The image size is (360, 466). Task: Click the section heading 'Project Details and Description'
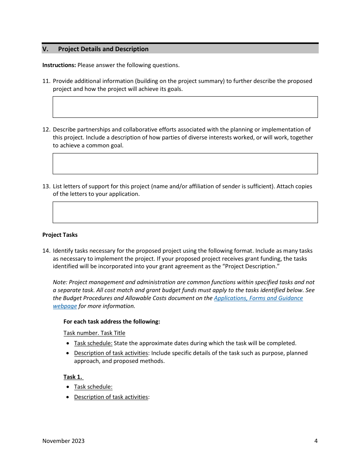pyautogui.click(x=103, y=49)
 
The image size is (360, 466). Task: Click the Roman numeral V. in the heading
pyautogui.click(x=45, y=49)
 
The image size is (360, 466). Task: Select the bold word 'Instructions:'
pyautogui.click(x=59, y=65)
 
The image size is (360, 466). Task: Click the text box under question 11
pyautogui.click(x=185, y=107)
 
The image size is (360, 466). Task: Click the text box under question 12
pyautogui.click(x=185, y=164)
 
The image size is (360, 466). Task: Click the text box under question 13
pyautogui.click(x=185, y=212)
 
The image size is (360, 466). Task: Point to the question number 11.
pyautogui.click(x=46, y=81)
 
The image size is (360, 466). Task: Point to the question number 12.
pyautogui.click(x=46, y=130)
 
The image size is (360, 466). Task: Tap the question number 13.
pyautogui.click(x=46, y=186)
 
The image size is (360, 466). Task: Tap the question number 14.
pyautogui.click(x=46, y=251)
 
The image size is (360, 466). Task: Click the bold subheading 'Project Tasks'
pyautogui.click(x=60, y=235)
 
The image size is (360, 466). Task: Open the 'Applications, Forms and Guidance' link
pyautogui.click(x=258, y=298)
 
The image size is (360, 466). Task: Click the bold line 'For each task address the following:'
pyautogui.click(x=112, y=322)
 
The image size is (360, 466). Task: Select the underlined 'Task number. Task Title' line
pyautogui.click(x=94, y=333)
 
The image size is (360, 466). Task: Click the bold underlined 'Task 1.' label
pyautogui.click(x=73, y=377)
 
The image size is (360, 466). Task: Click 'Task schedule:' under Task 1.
pyautogui.click(x=93, y=387)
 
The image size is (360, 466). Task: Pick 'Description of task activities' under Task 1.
pyautogui.click(x=111, y=397)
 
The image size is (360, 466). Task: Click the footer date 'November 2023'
pyautogui.click(x=63, y=441)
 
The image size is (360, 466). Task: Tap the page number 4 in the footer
pyautogui.click(x=316, y=441)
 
